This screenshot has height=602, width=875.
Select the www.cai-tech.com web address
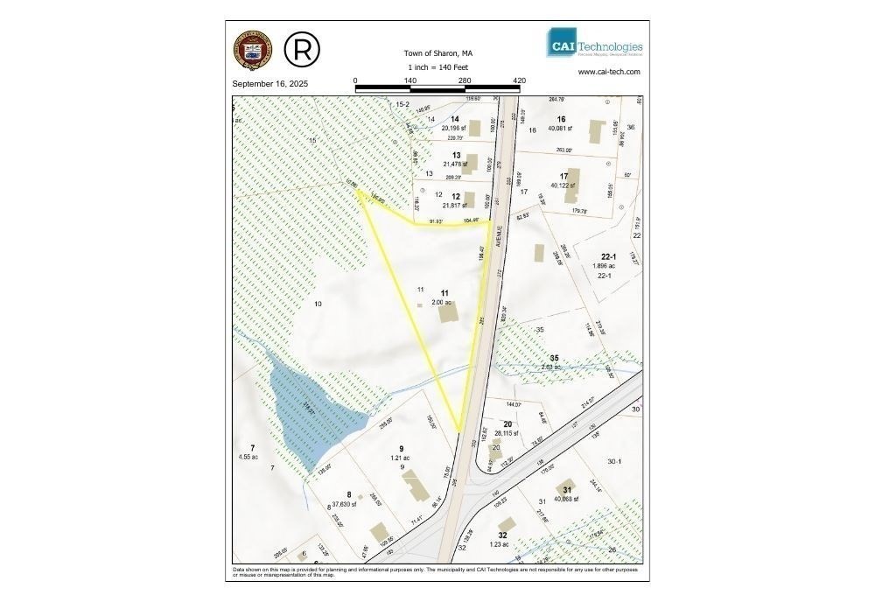click(x=610, y=73)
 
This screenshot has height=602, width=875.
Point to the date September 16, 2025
click(x=270, y=84)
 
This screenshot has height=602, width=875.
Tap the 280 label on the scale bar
click(x=465, y=80)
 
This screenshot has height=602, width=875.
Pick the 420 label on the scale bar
click(x=519, y=80)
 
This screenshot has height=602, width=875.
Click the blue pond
click(x=297, y=411)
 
